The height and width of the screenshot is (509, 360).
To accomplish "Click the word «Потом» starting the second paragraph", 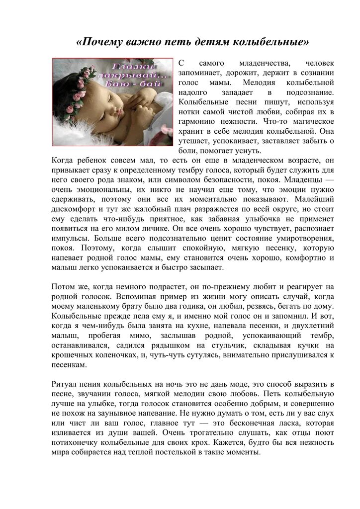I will pyautogui.click(x=63, y=287).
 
